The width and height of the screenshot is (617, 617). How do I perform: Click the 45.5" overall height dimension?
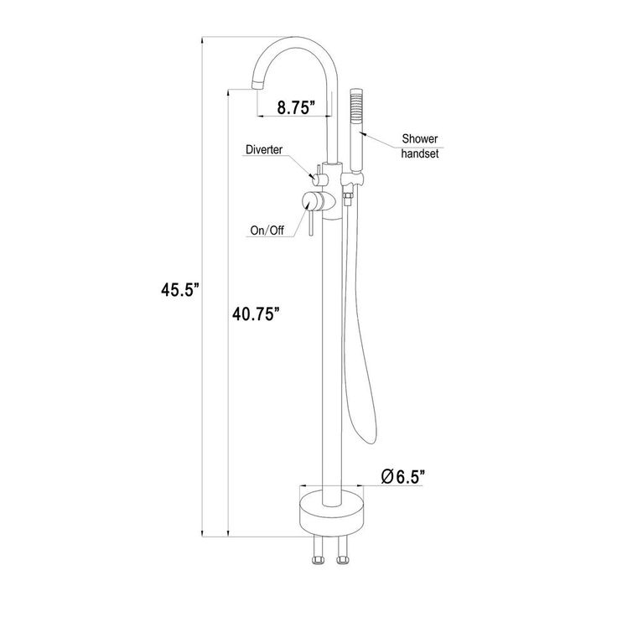pyautogui.click(x=180, y=290)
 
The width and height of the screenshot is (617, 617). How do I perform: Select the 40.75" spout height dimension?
pyautogui.click(x=257, y=314)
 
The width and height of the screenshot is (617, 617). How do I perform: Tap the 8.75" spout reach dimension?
pyautogui.click(x=296, y=106)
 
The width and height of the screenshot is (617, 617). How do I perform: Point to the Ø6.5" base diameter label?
pyautogui.click(x=404, y=476)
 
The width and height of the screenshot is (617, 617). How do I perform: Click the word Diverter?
pyautogui.click(x=264, y=149)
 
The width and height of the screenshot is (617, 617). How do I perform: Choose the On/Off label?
pyautogui.click(x=267, y=231)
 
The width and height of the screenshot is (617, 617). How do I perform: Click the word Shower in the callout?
pyautogui.click(x=420, y=139)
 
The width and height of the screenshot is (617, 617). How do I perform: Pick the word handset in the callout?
pyautogui.click(x=420, y=153)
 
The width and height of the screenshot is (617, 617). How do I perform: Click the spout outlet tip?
pyautogui.click(x=257, y=84)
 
